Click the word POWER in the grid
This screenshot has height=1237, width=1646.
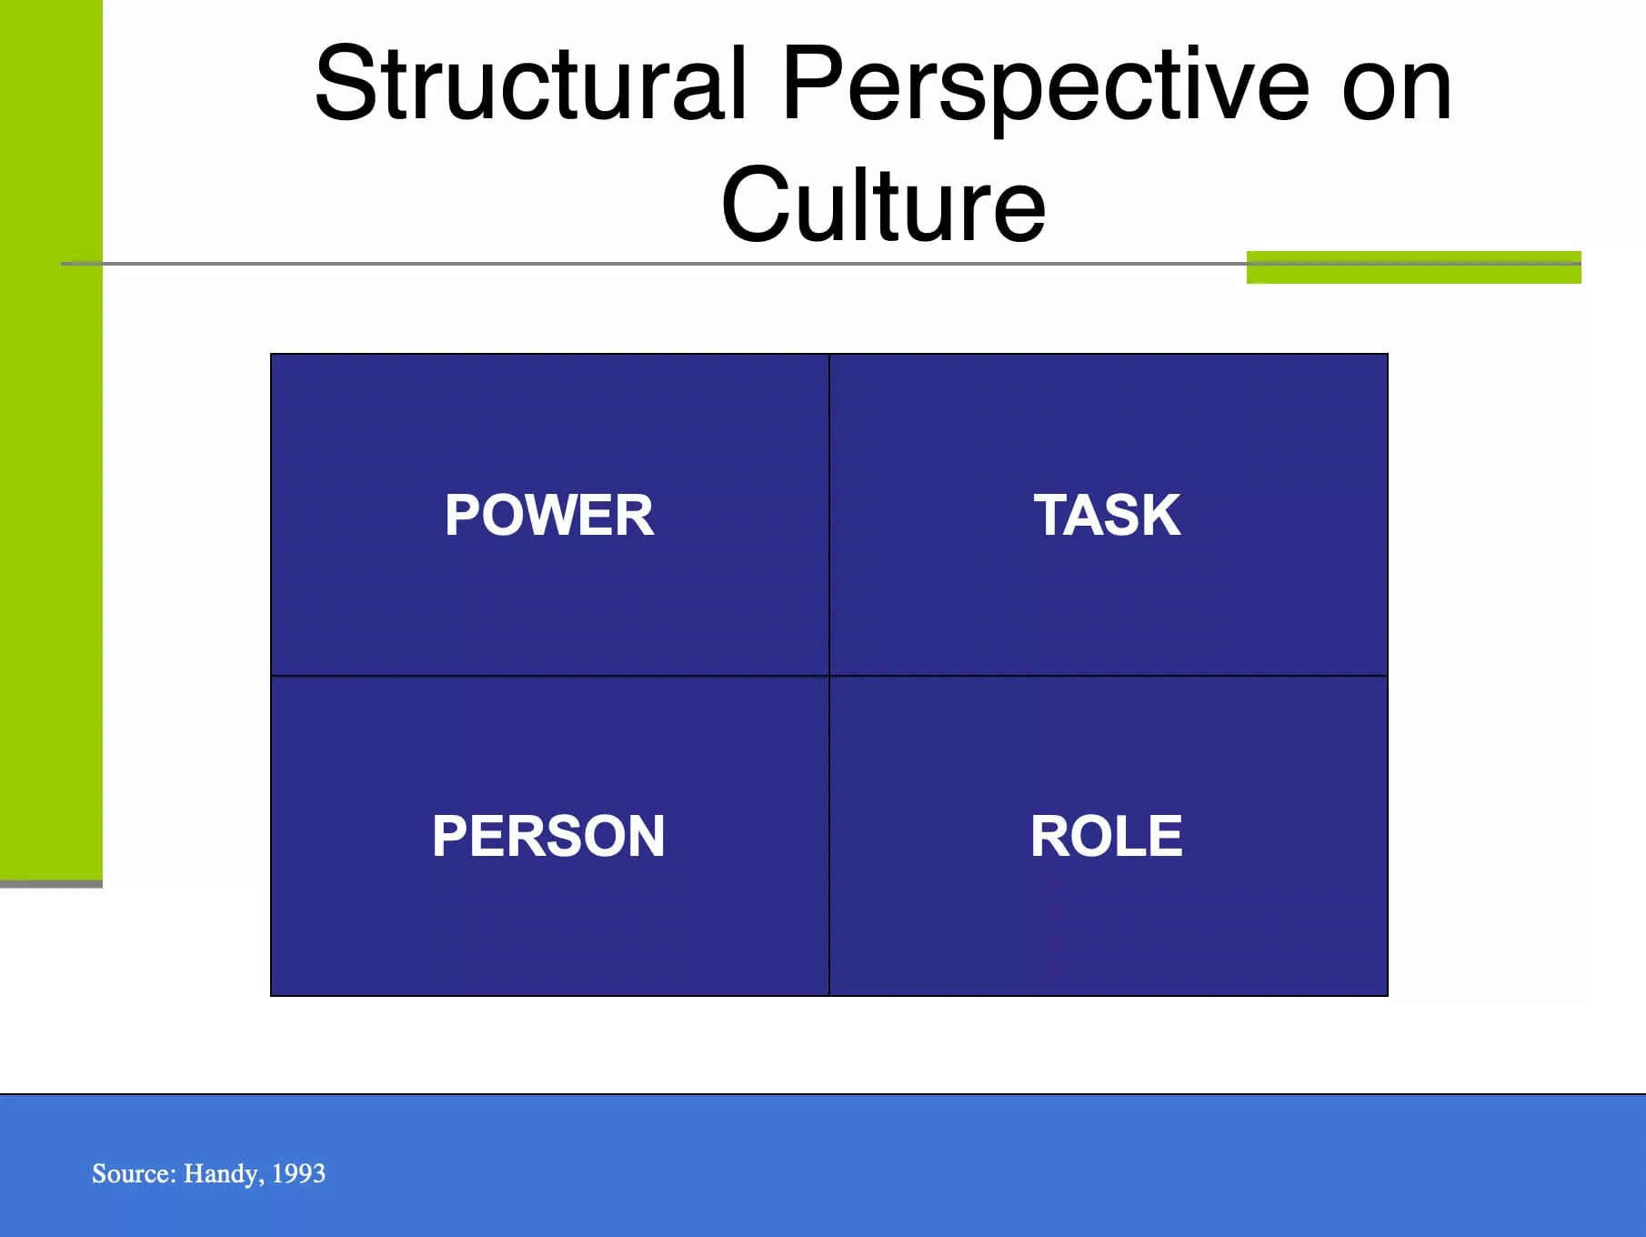point(549,515)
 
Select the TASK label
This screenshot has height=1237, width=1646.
point(1107,515)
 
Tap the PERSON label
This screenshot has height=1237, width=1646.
point(548,836)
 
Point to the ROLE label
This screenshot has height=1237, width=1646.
point(1107,836)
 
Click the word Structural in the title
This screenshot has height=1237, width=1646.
point(531,84)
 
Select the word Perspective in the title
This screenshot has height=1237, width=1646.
point(1046,89)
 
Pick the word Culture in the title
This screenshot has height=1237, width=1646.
point(883,205)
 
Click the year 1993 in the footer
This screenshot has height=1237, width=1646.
point(298,1173)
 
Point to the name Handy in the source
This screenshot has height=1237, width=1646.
point(224,1174)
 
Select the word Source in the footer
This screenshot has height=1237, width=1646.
point(134,1173)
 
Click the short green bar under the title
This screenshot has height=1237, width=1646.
point(1413,267)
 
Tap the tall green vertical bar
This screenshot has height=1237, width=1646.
point(51,440)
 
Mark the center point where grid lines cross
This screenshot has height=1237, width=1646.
point(829,676)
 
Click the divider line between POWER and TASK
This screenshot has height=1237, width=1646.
point(829,515)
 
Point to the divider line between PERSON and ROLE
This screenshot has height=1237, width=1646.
point(829,836)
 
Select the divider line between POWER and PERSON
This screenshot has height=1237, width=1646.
point(550,676)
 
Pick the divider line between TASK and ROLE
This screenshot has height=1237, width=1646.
point(1109,676)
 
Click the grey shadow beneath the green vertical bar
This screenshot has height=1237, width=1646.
point(51,884)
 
